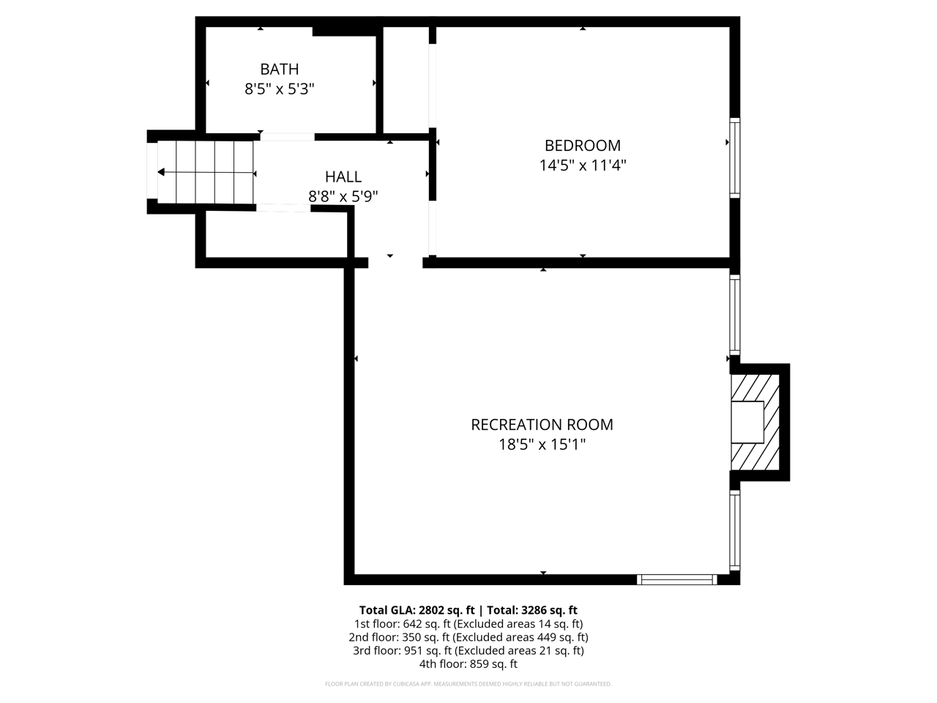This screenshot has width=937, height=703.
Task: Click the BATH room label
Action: pyautogui.click(x=279, y=70)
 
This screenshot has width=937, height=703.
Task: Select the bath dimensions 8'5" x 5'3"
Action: pyautogui.click(x=279, y=89)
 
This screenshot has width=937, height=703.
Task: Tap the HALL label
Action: pyautogui.click(x=343, y=176)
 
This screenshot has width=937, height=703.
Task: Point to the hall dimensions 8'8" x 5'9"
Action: pyautogui.click(x=343, y=196)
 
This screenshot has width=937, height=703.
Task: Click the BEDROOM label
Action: pyautogui.click(x=582, y=146)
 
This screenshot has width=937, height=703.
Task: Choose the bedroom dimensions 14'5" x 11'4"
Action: pyautogui.click(x=582, y=165)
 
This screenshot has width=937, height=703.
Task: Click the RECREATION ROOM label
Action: pyautogui.click(x=542, y=425)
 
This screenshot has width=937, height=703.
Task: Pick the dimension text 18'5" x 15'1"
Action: pyautogui.click(x=542, y=445)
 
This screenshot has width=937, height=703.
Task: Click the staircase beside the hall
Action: pyautogui.click(x=206, y=173)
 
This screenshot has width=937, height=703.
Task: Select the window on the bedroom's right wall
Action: pyautogui.click(x=734, y=157)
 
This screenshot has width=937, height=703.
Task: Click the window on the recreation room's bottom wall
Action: pyautogui.click(x=676, y=579)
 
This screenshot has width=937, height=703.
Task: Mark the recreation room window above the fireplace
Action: pyautogui.click(x=734, y=315)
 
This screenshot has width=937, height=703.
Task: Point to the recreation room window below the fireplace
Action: pyautogui.click(x=734, y=531)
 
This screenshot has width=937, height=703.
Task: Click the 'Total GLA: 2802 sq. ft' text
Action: pyautogui.click(x=417, y=610)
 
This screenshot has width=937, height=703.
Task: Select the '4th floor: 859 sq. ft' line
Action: pyautogui.click(x=468, y=664)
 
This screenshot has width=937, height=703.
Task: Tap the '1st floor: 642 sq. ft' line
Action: pyautogui.click(x=468, y=624)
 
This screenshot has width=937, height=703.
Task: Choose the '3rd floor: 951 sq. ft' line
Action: pyautogui.click(x=468, y=650)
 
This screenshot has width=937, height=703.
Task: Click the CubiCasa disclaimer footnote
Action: pyautogui.click(x=468, y=684)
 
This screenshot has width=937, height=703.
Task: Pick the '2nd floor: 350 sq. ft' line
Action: pyautogui.click(x=468, y=637)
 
